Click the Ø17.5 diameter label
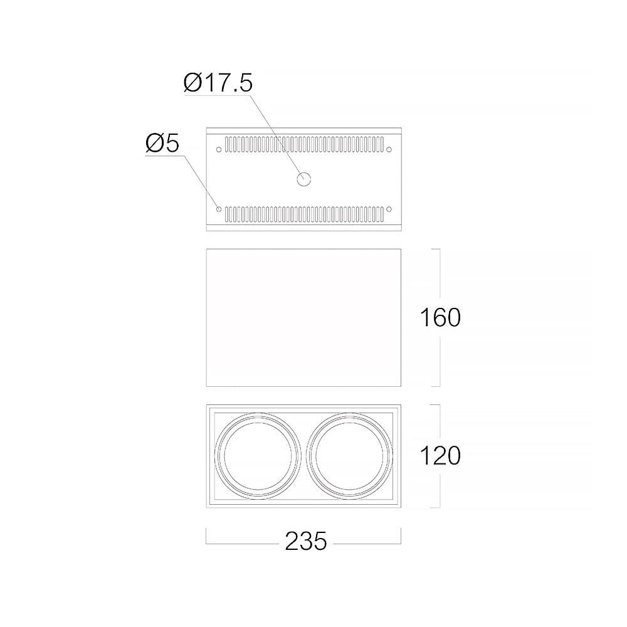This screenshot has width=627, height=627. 218,83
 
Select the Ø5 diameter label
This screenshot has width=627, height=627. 162,143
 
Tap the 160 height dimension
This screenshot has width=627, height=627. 440,318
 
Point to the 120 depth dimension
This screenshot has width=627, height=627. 440,456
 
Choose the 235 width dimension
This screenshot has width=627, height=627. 306,542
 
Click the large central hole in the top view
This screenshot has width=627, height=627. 304,179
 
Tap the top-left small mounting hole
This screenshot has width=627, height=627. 218,150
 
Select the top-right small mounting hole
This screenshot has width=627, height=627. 389,150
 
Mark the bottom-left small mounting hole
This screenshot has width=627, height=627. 218,209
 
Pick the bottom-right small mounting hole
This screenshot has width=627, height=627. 389,209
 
